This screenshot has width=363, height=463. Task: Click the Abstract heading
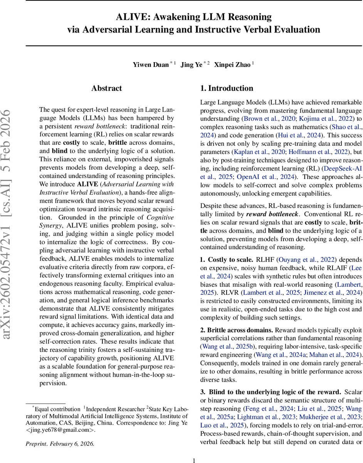[x=107, y=88]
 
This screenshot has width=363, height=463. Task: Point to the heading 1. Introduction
[x=227, y=88]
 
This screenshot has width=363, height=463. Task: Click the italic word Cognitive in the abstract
[x=160, y=217]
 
